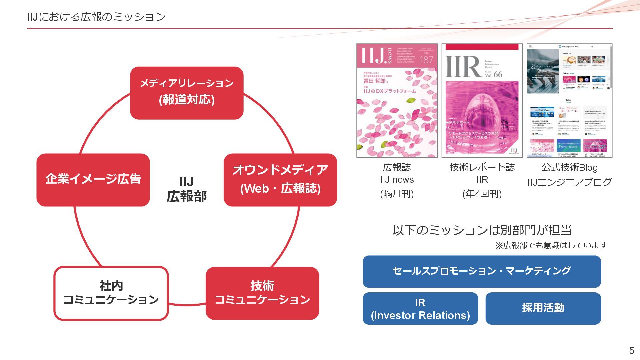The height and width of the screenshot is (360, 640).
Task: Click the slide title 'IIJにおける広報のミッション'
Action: (x=96, y=17)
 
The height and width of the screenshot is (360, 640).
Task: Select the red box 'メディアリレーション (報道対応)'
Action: (x=187, y=93)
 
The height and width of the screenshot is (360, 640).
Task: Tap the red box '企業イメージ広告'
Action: (x=93, y=180)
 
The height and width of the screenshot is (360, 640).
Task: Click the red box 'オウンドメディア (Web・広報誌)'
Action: (x=280, y=180)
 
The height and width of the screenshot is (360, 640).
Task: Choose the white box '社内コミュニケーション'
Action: (x=111, y=293)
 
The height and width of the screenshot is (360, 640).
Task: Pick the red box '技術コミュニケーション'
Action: (x=262, y=293)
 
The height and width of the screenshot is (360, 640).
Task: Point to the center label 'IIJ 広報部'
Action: (x=186, y=189)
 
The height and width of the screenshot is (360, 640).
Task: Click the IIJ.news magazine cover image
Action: (x=397, y=100)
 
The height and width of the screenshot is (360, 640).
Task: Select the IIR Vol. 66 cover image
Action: (x=482, y=100)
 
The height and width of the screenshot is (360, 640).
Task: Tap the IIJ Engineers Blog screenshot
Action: (x=569, y=100)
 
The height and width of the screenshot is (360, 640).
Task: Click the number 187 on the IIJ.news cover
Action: (x=426, y=60)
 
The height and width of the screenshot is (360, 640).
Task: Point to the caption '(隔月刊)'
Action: (x=397, y=194)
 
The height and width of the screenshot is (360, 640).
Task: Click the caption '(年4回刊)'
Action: (x=482, y=194)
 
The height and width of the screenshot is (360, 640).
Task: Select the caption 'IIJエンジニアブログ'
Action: (x=569, y=182)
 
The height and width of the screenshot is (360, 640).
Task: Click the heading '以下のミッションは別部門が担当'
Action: (x=482, y=230)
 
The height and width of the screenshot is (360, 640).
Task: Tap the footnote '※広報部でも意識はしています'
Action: (x=551, y=245)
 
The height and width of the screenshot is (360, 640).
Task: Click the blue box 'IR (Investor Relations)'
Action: (x=420, y=308)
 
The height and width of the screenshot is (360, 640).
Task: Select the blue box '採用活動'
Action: (x=543, y=308)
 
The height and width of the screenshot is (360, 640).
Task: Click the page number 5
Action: (x=631, y=351)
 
